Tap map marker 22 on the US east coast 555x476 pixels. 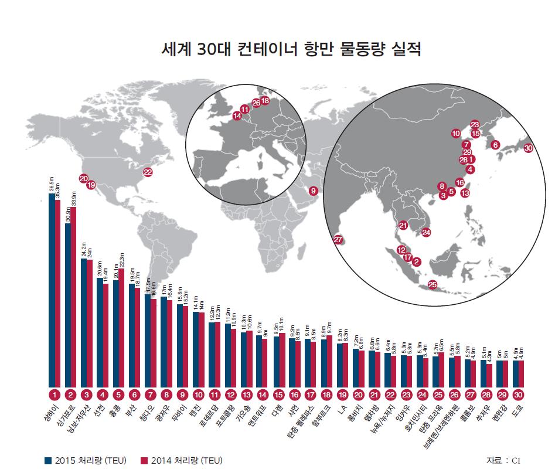[x=148, y=172]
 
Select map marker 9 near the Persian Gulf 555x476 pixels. [x=314, y=191]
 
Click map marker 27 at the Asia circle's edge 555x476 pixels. [x=338, y=239]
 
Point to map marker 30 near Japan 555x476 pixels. [x=529, y=148]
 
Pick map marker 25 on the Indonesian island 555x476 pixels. [x=433, y=285]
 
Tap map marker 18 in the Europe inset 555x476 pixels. [x=265, y=100]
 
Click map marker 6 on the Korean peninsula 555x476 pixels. [x=495, y=144]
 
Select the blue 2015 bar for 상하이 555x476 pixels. [x=52, y=287]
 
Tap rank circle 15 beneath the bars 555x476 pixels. [x=279, y=395]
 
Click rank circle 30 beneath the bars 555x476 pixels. [x=518, y=395]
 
